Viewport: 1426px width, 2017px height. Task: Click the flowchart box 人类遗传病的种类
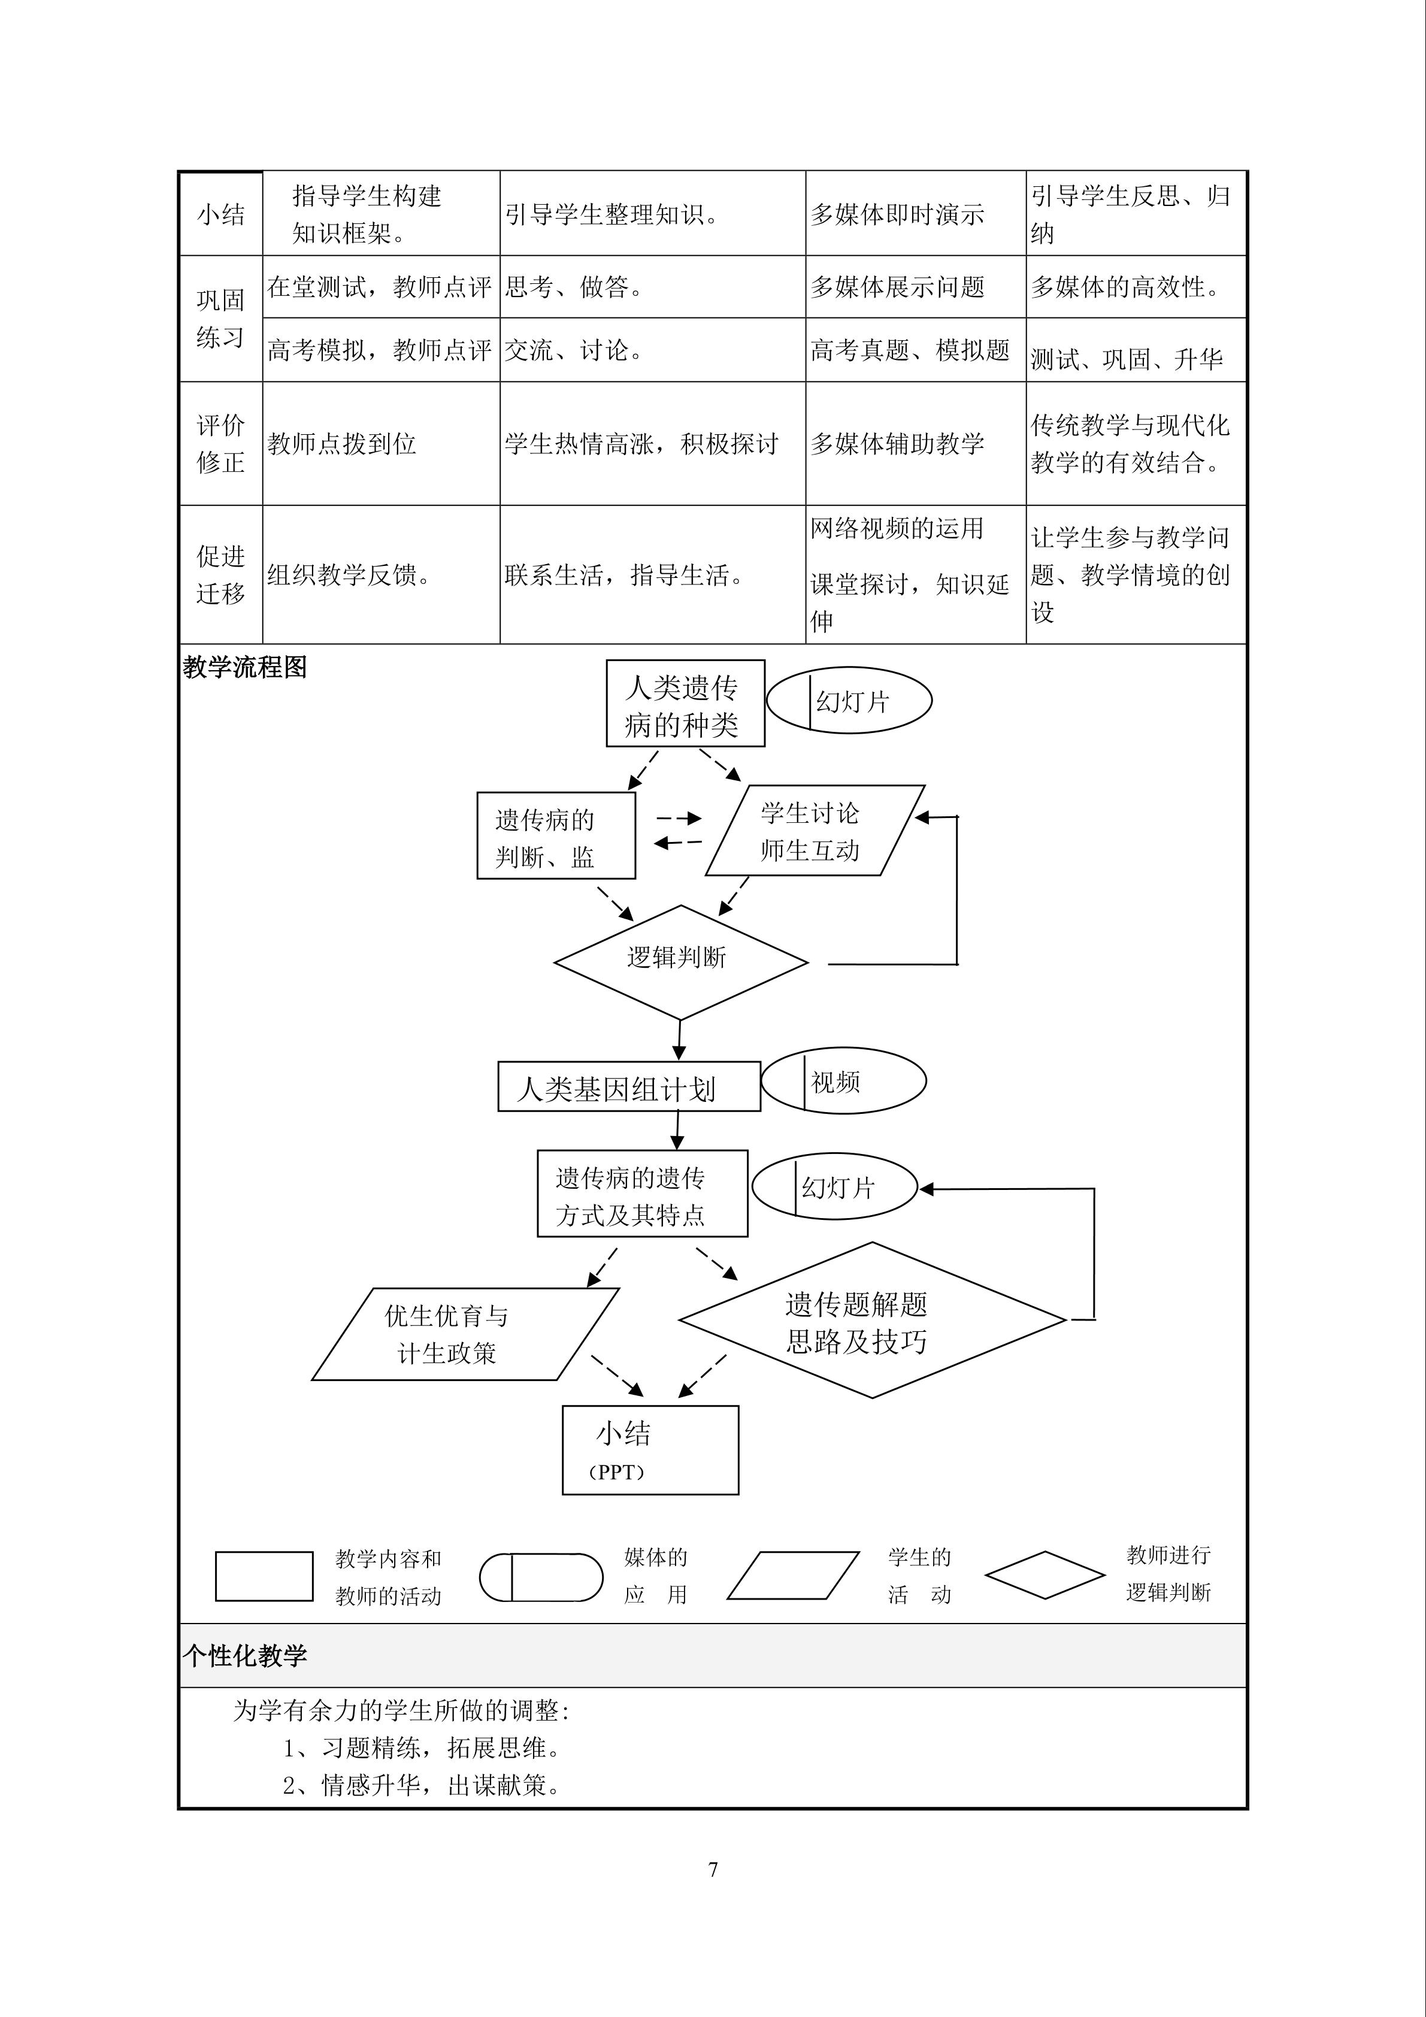685,704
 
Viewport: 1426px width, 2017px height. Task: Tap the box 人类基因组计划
628,1087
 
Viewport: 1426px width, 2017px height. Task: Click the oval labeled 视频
843,1080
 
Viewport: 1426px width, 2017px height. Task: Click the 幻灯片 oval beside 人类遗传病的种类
849,700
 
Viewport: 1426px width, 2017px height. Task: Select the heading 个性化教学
245,1656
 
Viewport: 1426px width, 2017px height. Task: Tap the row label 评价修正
220,444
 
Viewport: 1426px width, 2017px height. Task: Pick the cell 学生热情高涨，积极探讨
641,444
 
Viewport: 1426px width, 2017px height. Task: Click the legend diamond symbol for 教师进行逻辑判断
1044,1575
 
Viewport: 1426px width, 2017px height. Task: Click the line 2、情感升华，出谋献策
422,1786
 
